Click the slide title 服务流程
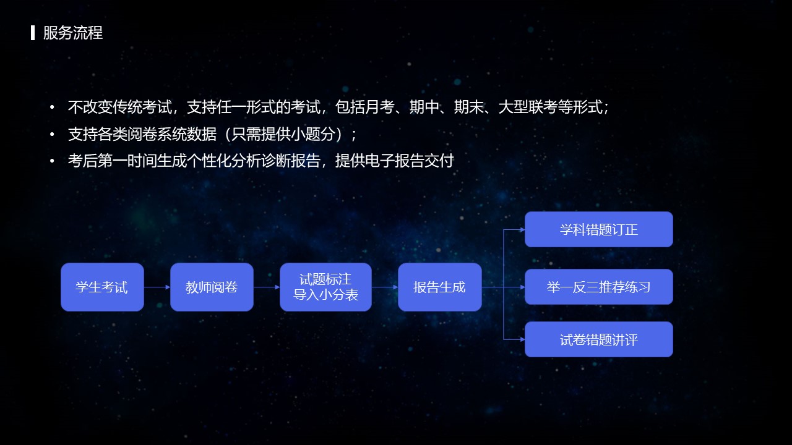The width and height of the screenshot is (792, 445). pyautogui.click(x=73, y=33)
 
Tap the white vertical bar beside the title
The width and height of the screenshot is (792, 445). pyautogui.click(x=33, y=33)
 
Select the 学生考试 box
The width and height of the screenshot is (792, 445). pyautogui.click(x=102, y=287)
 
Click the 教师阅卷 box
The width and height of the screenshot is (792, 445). pyautogui.click(x=212, y=287)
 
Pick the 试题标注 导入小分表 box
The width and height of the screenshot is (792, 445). pyautogui.click(x=325, y=287)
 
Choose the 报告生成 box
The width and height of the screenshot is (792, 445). pyautogui.click(x=440, y=287)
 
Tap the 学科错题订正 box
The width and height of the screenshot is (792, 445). pyautogui.click(x=599, y=229)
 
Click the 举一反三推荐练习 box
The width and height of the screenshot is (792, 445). pyautogui.click(x=599, y=287)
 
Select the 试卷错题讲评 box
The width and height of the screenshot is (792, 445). pyautogui.click(x=599, y=339)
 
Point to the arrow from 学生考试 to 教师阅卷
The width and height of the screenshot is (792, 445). pyautogui.click(x=157, y=287)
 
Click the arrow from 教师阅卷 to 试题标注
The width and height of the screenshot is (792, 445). pyautogui.click(x=267, y=287)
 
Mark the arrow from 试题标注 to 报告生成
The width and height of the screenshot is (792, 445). pyautogui.click(x=385, y=287)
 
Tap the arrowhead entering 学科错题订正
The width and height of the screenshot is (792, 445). pyautogui.click(x=522, y=229)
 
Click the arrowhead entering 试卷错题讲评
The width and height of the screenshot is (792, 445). pyautogui.click(x=522, y=339)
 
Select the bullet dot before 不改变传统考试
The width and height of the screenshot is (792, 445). pyautogui.click(x=52, y=107)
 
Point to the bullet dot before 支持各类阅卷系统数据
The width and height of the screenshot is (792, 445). pyautogui.click(x=52, y=134)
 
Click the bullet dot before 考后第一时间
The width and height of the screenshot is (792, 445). pyautogui.click(x=52, y=161)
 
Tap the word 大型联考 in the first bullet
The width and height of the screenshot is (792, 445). pyautogui.click(x=528, y=107)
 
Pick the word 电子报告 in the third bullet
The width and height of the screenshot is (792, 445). pyautogui.click(x=394, y=161)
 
